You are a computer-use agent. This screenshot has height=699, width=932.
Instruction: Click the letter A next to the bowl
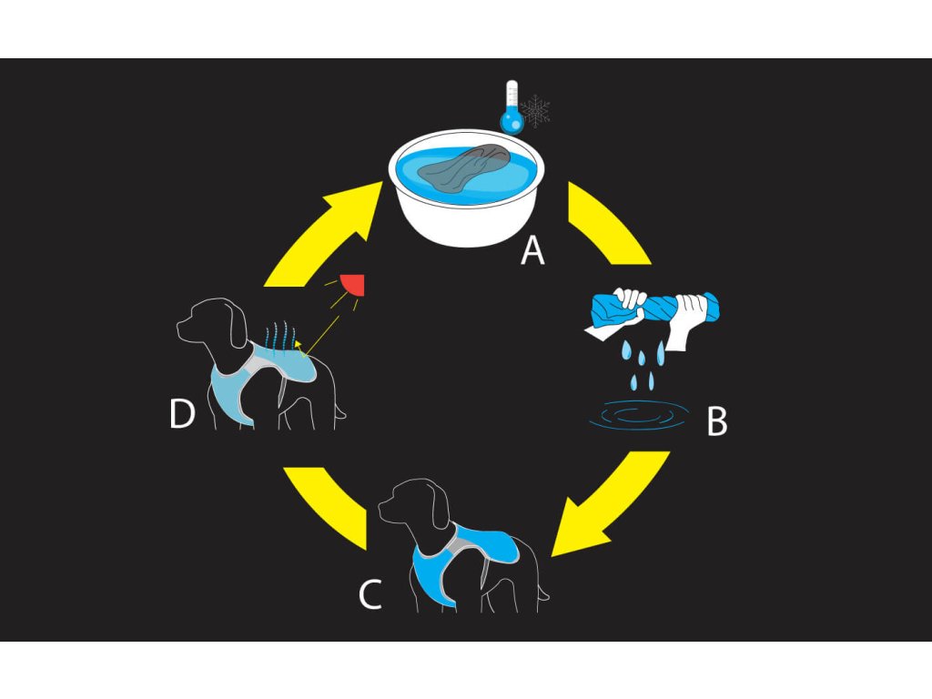(532, 249)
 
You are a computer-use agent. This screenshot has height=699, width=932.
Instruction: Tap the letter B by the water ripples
(717, 422)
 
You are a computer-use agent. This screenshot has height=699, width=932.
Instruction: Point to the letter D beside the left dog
(183, 415)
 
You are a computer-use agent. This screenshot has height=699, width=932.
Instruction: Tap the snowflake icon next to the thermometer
(536, 111)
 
